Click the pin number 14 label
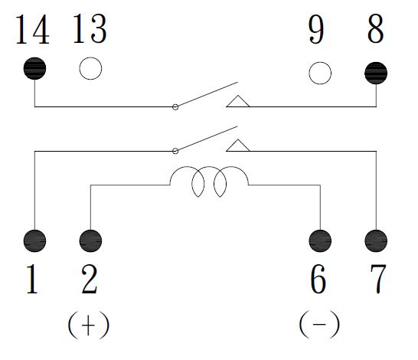(x=32, y=29)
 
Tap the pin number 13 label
(x=90, y=28)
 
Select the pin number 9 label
(x=316, y=29)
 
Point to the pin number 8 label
(x=376, y=28)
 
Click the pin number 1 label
(x=32, y=279)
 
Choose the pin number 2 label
(x=90, y=279)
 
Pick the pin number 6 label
(x=318, y=279)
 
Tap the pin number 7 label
(x=378, y=279)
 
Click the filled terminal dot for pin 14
(x=34, y=68)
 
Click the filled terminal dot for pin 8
(x=376, y=73)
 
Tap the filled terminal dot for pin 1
(x=34, y=241)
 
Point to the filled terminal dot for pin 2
(x=90, y=241)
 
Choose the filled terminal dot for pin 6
(x=320, y=241)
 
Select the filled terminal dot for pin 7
(x=376, y=241)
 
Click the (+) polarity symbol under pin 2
(x=89, y=325)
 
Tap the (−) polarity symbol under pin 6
(x=319, y=325)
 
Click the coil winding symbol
(x=187, y=167)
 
